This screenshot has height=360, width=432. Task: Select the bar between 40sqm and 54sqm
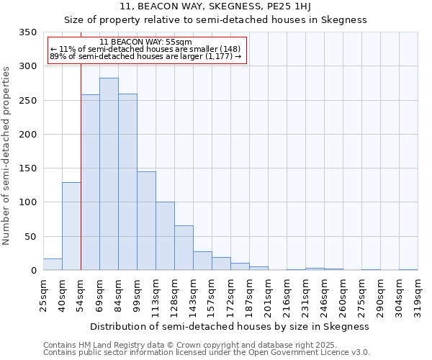(x=71, y=226)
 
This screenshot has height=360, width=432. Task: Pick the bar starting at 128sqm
(x=184, y=248)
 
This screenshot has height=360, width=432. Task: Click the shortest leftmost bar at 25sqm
(x=53, y=264)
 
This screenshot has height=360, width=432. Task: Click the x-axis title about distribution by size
(x=230, y=326)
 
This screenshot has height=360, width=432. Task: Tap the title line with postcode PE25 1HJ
(x=215, y=6)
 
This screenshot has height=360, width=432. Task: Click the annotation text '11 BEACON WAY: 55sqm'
(x=146, y=42)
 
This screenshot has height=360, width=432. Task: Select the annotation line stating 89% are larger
(x=145, y=57)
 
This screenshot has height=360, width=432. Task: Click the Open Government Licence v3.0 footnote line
(x=206, y=353)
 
